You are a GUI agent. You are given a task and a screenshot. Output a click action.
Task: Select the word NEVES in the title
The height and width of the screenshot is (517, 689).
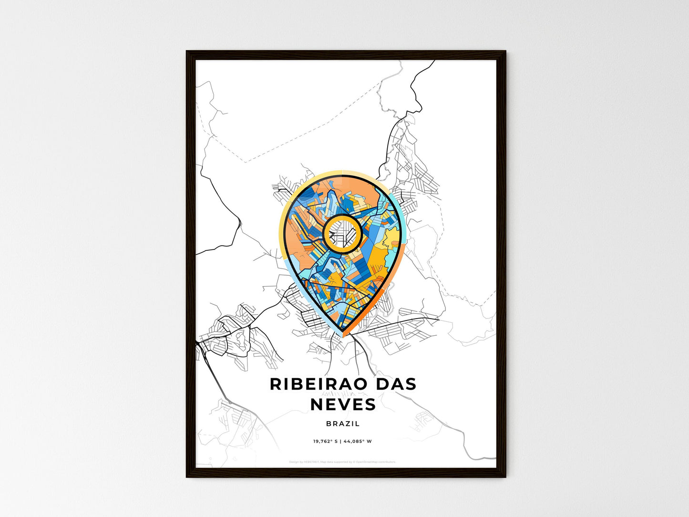343,404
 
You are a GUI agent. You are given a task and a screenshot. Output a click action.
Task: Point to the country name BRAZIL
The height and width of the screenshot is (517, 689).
343,424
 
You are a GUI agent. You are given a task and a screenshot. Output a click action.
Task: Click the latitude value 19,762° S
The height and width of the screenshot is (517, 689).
325,441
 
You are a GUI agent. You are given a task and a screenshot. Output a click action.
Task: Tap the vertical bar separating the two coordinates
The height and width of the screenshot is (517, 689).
340,441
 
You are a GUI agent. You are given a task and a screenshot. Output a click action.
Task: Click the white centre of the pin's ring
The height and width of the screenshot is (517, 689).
342,233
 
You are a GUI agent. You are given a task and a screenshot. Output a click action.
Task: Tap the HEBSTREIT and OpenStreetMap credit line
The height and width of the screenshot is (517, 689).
342,462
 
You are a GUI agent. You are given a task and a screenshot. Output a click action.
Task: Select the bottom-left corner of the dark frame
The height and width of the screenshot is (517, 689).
187,476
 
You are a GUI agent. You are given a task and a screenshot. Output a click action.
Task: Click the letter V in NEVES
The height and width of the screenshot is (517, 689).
343,404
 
